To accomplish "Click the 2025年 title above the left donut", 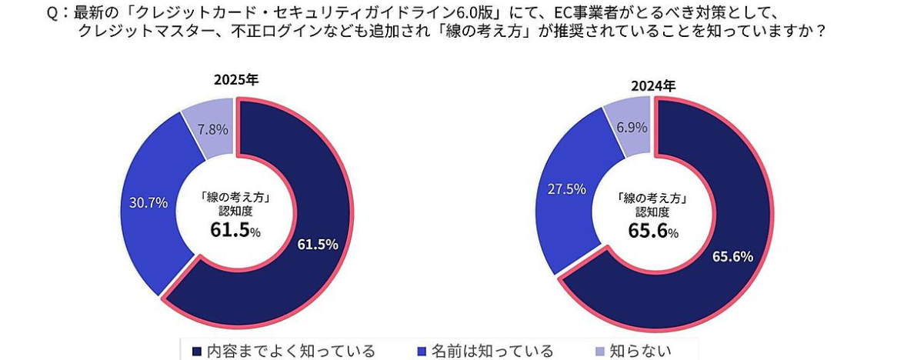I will (x=236, y=81).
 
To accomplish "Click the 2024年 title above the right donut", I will (x=653, y=85).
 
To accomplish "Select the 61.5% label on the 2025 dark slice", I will (x=318, y=245).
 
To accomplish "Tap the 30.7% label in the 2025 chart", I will (x=148, y=203).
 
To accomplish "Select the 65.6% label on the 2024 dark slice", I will (x=732, y=257).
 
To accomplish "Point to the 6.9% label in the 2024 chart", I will (x=631, y=128).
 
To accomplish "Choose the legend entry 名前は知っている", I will (x=492, y=351).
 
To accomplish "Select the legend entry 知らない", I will (x=640, y=351).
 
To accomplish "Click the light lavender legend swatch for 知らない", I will (x=601, y=352).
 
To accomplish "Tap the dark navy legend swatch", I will (x=196, y=352).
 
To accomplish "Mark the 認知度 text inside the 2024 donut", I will (x=653, y=212).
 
